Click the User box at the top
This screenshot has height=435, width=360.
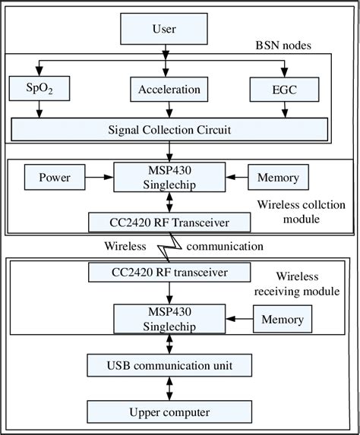point(163,29)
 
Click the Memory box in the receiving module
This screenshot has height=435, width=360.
point(281,319)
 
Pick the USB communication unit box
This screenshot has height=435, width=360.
point(169,366)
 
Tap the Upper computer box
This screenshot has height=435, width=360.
point(169,413)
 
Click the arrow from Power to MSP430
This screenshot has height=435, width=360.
point(96,178)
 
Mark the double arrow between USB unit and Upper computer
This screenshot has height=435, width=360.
point(169,389)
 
